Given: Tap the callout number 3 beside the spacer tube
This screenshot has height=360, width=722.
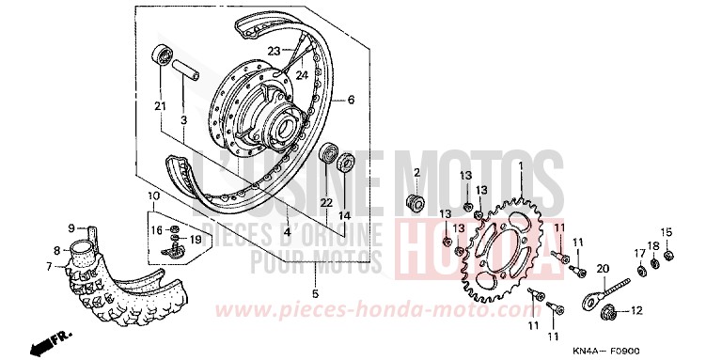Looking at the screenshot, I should click(184, 119).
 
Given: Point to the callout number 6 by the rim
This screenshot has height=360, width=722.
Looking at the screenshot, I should click(351, 99).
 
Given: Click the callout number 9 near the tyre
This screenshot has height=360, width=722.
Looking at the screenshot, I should click(71, 227).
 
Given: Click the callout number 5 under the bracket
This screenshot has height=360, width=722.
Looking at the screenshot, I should click(315, 294).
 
